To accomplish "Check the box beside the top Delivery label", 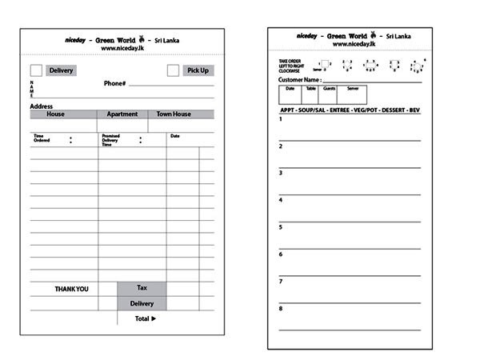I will point(36,70).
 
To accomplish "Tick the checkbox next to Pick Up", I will point(173,70).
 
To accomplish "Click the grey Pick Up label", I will point(198,70).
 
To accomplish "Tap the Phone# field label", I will point(114,83).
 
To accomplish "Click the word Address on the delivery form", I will point(42,106).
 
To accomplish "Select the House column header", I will point(55,114).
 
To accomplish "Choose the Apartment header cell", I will point(122,114).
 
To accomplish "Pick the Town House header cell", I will point(174,114).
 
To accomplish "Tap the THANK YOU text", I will point(71,289).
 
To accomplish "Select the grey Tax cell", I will point(142,288).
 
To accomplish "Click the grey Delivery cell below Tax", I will point(142,303).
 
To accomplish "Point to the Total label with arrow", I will point(145,318).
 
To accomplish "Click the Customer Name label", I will point(299,80).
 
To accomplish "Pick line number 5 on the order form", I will point(281,227).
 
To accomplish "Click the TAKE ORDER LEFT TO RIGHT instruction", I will point(290,66).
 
